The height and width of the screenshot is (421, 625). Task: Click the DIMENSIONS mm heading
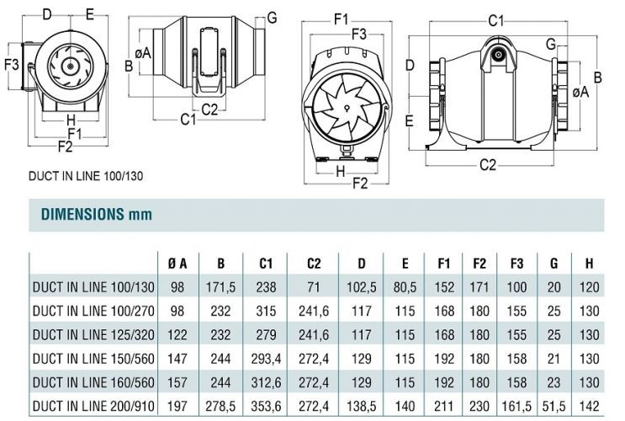tap(97, 215)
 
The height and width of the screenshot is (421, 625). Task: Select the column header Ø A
tap(177, 264)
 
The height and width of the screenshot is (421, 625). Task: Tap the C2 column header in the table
tap(314, 264)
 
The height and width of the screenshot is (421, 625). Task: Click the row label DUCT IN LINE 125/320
tap(93, 335)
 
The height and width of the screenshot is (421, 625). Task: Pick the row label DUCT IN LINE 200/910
tap(93, 406)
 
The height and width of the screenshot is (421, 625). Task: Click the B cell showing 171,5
tap(221, 287)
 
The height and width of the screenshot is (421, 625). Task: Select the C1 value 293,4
tap(266, 359)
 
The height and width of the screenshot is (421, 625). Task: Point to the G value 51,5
tap(553, 406)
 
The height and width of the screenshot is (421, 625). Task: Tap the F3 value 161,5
tap(516, 406)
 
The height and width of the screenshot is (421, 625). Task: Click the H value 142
tap(589, 406)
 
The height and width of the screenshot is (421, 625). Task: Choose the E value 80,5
tap(405, 287)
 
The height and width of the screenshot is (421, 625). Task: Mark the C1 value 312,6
tap(266, 383)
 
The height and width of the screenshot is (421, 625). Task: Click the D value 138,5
tap(361, 406)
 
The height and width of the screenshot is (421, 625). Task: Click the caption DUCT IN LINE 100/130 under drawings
tap(86, 176)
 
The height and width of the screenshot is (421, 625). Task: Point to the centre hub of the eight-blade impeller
tap(347, 107)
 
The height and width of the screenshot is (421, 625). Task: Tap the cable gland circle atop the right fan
tap(498, 55)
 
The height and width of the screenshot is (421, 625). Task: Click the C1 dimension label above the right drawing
tap(495, 20)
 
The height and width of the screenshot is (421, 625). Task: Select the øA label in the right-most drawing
tap(580, 92)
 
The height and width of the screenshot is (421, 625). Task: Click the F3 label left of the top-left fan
tap(12, 64)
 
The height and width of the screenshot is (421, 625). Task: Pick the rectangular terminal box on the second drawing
tap(209, 52)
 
